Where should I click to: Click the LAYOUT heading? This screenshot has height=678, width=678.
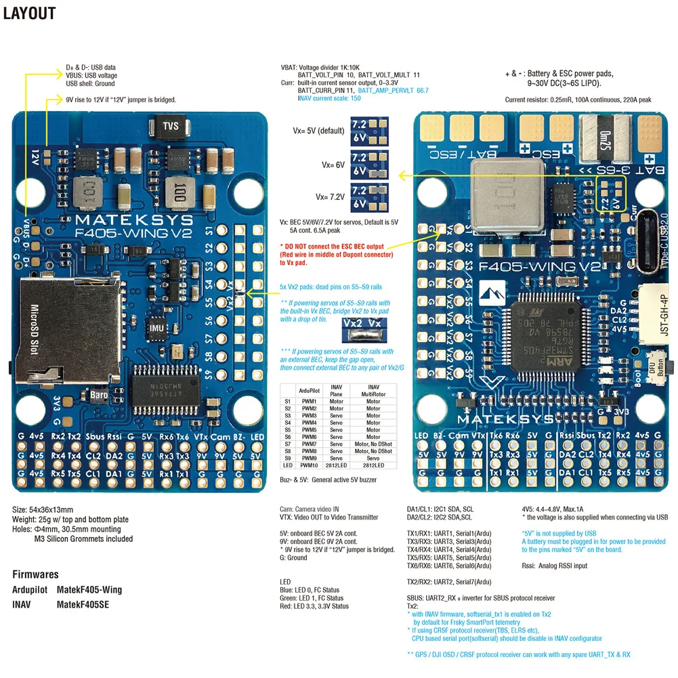pos(29,13)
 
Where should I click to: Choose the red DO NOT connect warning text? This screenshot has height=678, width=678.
pos(336,255)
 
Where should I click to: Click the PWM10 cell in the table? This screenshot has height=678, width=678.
pos(329,465)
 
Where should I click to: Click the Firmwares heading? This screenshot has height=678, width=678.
pos(35,574)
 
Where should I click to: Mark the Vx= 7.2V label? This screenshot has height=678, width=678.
pos(330,196)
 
